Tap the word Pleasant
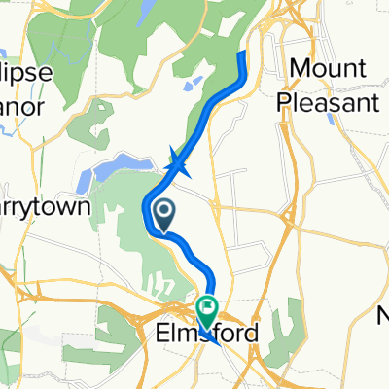(326, 100)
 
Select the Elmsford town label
(207, 334)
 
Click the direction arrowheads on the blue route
(178, 163)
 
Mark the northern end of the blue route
(242, 54)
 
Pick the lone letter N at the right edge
(383, 314)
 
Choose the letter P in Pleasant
(286, 100)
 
